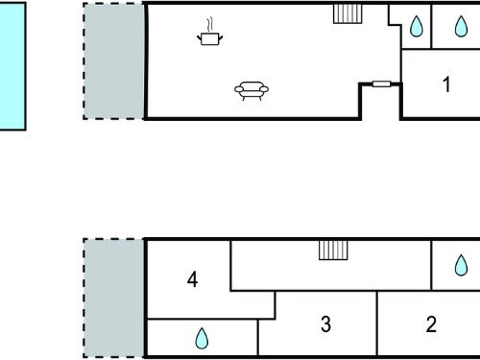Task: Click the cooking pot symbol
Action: [x=210, y=38]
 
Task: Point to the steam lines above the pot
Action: [x=209, y=25]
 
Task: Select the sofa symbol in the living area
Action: [x=252, y=90]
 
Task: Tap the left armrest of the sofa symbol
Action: [x=239, y=89]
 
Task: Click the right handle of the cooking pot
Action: [x=221, y=38]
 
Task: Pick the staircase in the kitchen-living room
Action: [x=348, y=13]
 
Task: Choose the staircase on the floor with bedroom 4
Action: [x=333, y=250]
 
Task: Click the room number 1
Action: [x=446, y=84]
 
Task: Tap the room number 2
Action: [x=431, y=324]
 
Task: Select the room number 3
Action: [x=325, y=324]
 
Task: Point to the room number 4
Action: [x=192, y=279]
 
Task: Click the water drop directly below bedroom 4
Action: [x=202, y=338]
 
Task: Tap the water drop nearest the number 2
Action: [x=461, y=265]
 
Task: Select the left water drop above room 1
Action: [x=417, y=26]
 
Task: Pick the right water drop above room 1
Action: [x=461, y=26]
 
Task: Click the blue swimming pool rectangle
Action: [x=12, y=66]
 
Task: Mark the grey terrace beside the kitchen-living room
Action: [x=113, y=61]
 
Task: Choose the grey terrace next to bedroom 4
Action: [x=113, y=298]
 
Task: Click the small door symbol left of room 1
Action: [x=381, y=84]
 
